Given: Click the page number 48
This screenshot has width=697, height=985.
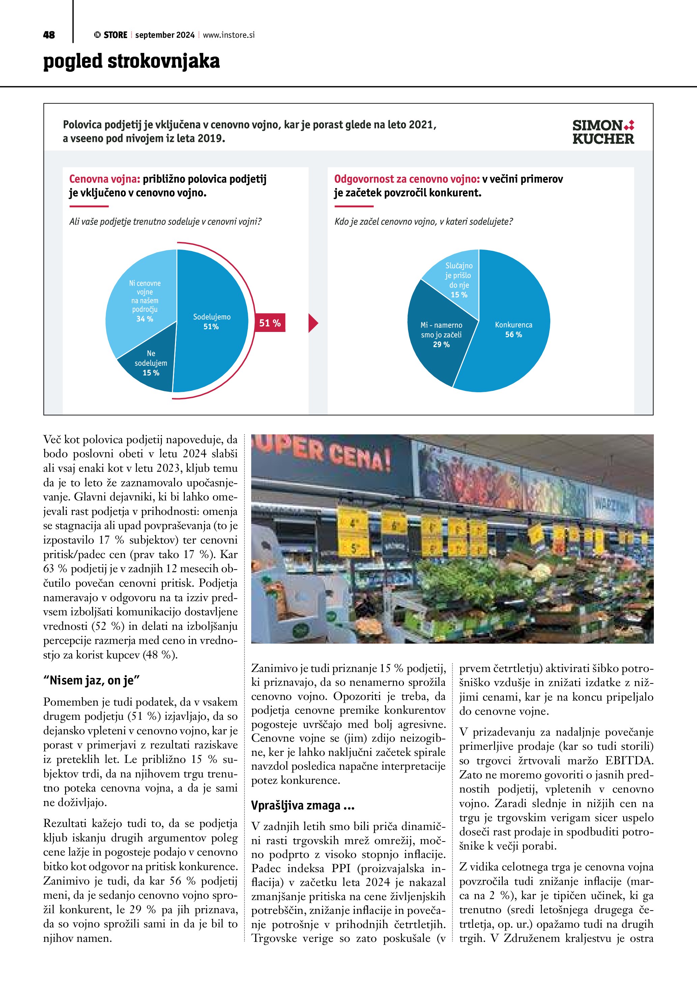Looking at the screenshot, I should coord(49,35).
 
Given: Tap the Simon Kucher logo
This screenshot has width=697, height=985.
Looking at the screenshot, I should coord(603,132).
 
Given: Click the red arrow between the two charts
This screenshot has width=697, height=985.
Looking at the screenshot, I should coord(313,323).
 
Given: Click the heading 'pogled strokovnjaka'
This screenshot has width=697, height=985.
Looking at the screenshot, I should coord(131,61).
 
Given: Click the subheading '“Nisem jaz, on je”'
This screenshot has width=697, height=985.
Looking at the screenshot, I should coord(91,680).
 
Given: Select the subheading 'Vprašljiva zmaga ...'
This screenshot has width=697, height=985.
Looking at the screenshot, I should coord(302,805).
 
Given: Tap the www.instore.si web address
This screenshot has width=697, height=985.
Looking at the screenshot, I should coord(229,35).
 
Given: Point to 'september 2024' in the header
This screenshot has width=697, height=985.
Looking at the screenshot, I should coord(165,35).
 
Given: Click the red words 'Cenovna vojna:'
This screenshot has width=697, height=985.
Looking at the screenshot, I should coord(105,179).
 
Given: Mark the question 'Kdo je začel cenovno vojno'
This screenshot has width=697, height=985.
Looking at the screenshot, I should coord(423,222).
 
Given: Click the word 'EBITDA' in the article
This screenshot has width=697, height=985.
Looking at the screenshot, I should coord(629,761).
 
